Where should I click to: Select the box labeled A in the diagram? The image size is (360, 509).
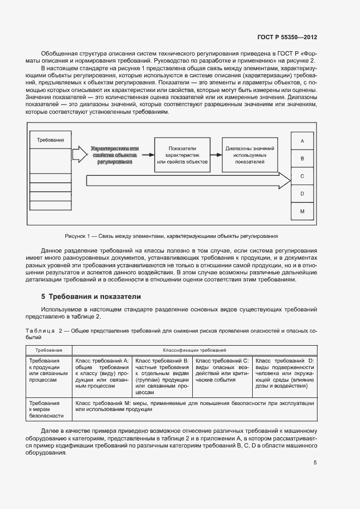tap(302, 140)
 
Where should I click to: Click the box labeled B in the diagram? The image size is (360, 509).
tap(302, 158)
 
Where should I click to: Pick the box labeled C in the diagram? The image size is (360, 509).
tap(302, 176)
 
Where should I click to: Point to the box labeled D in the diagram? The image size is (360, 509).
tap(302, 193)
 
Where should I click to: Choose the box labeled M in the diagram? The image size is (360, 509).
tap(302, 211)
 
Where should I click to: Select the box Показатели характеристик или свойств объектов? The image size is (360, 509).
tap(182, 155)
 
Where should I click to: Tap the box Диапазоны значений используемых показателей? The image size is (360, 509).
tap(250, 155)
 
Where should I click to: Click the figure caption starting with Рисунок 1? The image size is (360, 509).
tap(171, 236)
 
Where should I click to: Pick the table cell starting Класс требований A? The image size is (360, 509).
tap(101, 373)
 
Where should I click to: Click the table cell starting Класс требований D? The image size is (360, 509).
tap(285, 373)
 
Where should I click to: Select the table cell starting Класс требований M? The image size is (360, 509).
tap(194, 406)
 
